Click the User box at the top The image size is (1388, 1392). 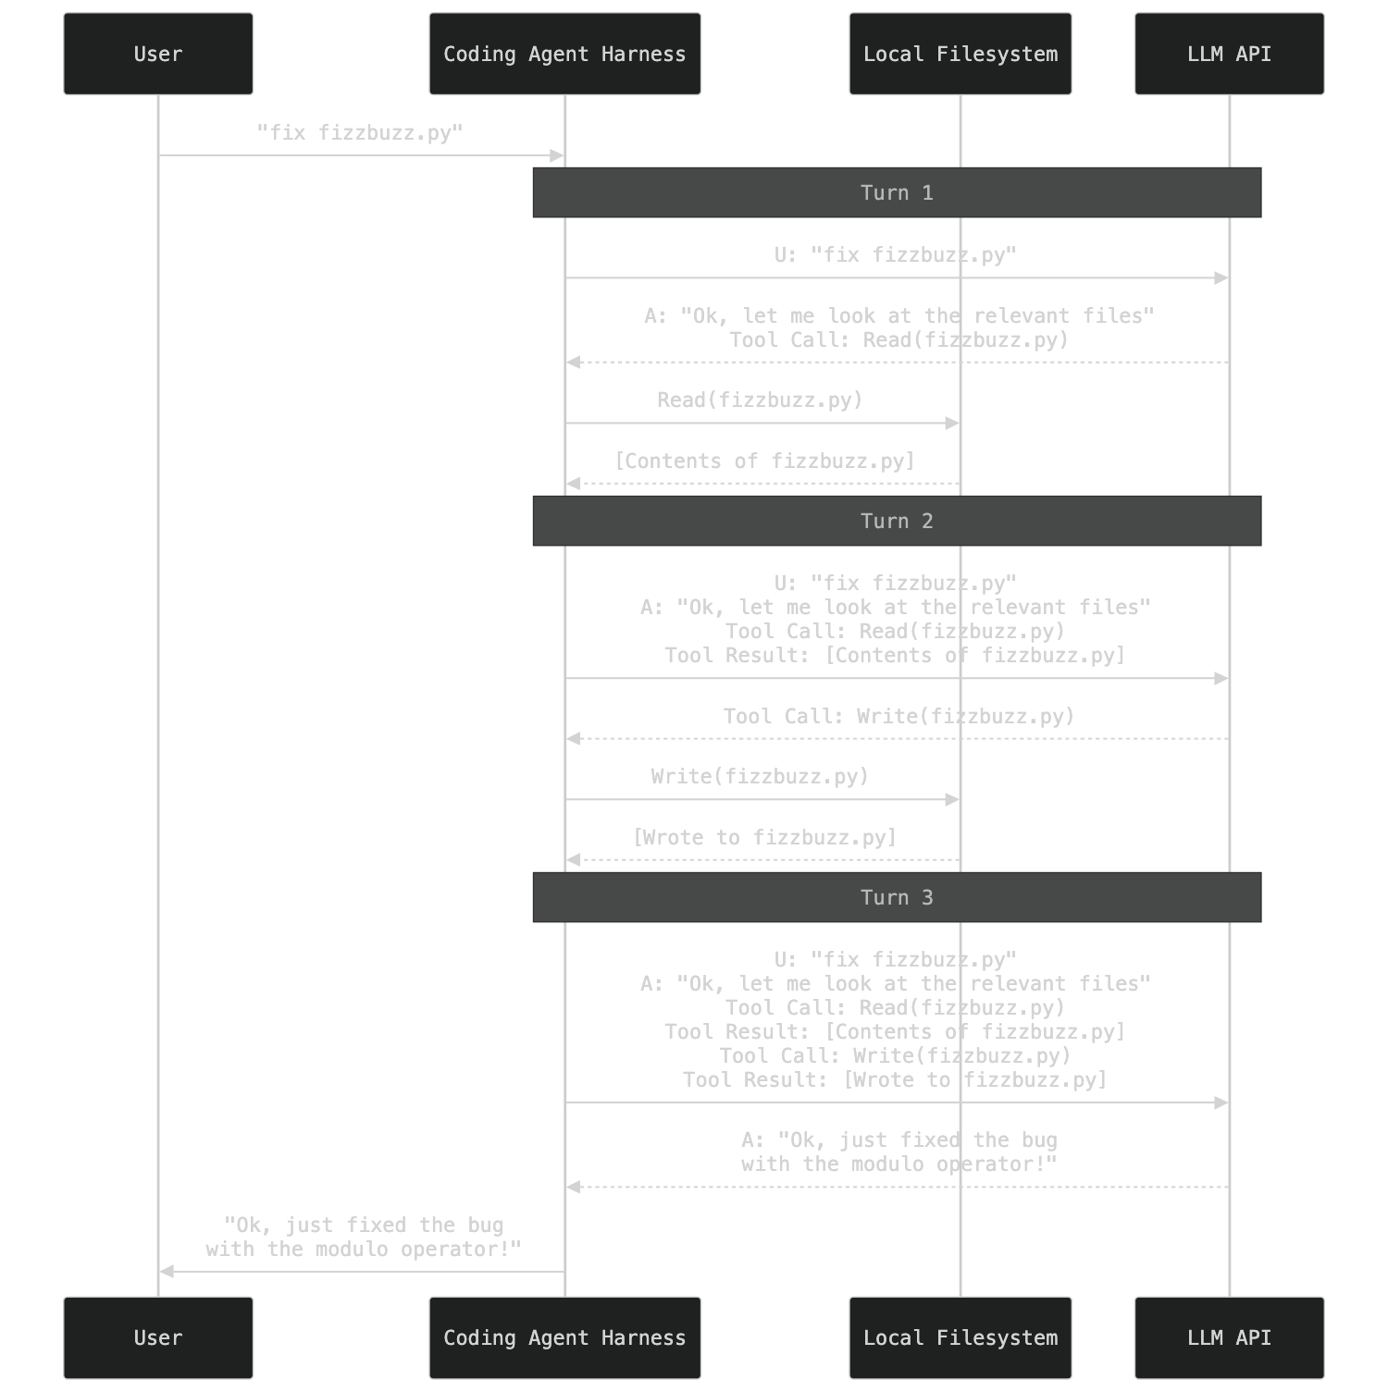(158, 54)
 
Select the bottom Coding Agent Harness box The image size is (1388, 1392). (564, 1337)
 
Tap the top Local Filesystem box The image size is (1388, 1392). (960, 54)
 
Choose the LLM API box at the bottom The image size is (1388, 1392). (1229, 1337)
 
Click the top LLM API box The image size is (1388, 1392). (1229, 54)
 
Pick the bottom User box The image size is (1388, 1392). (158, 1337)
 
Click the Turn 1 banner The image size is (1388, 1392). (897, 192)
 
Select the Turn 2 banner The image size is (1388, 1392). (897, 521)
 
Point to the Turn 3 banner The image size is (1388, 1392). (897, 897)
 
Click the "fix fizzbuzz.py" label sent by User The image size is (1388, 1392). (360, 133)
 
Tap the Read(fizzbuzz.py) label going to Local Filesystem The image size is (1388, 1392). (760, 400)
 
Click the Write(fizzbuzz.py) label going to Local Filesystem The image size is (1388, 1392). (760, 777)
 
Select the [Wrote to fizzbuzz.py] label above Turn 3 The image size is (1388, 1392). (765, 838)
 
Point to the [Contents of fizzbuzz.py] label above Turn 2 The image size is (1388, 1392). (765, 462)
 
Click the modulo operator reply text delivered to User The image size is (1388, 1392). (364, 1238)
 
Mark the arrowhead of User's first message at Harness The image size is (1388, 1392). (558, 155)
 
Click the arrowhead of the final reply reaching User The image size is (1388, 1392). (167, 1272)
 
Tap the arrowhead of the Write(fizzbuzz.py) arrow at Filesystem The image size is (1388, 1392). (953, 799)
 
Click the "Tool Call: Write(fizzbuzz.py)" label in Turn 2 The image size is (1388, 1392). (898, 717)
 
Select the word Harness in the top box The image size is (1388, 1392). (644, 54)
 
